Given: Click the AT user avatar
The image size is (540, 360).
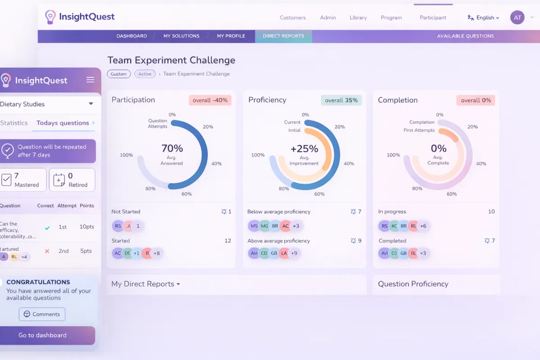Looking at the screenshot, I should click(517, 18).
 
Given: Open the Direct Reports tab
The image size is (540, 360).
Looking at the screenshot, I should click(283, 36).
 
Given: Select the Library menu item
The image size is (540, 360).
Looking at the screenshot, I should click(358, 18).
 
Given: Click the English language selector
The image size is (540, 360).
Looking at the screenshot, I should click(484, 18).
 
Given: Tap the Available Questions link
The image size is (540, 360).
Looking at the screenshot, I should click(465, 36).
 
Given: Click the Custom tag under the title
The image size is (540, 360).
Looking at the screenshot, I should click(119, 74).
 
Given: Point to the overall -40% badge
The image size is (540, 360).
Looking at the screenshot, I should click(210, 100).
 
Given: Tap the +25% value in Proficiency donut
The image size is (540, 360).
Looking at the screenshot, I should click(304, 148).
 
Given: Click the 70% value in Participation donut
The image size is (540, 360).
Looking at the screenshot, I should click(172, 148).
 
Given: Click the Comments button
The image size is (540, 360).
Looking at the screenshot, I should click(42, 314).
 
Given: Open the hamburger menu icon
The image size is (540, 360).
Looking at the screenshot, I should click(90, 80).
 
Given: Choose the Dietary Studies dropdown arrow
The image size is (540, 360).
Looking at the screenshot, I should click(91, 104).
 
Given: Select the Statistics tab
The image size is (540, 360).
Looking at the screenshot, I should click(14, 123).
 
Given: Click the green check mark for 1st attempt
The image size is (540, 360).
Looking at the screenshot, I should click(47, 227).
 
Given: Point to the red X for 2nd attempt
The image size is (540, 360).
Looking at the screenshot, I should click(47, 251).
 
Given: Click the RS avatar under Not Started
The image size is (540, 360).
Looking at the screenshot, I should click(118, 226).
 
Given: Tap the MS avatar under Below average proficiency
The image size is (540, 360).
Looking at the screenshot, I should click(254, 226).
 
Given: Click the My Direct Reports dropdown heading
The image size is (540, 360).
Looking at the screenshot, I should click(146, 284).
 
